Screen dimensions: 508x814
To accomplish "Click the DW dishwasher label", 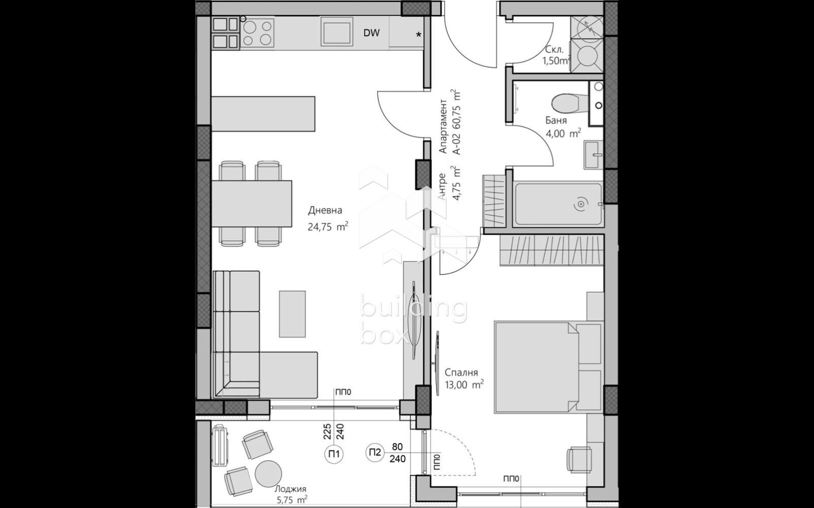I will pyautogui.click(x=371, y=34).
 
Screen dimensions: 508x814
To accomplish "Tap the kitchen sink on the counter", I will pyautogui.click(x=336, y=32).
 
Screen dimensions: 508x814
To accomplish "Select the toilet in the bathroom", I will pyautogui.click(x=565, y=103).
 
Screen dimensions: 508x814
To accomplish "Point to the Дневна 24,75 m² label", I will pyautogui.click(x=327, y=218).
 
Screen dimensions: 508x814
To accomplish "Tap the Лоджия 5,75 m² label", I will pyautogui.click(x=291, y=494).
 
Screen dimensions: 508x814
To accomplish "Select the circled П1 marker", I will pyautogui.click(x=334, y=454).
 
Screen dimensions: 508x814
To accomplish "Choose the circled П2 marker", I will pyautogui.click(x=375, y=452).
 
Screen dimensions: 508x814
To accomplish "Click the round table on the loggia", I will pyautogui.click(x=268, y=473).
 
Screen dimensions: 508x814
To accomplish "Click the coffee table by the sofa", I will pyautogui.click(x=292, y=314).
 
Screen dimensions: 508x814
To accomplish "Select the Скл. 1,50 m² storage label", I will pyautogui.click(x=556, y=55).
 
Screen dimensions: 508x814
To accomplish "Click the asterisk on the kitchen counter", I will pyautogui.click(x=419, y=35).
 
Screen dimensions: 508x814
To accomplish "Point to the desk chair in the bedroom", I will pyautogui.click(x=579, y=460).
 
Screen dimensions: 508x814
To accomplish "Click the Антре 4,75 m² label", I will pyautogui.click(x=449, y=186).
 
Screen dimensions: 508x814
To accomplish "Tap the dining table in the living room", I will pyautogui.click(x=251, y=204).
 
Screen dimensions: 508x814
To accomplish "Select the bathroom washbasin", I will pyautogui.click(x=593, y=155).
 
